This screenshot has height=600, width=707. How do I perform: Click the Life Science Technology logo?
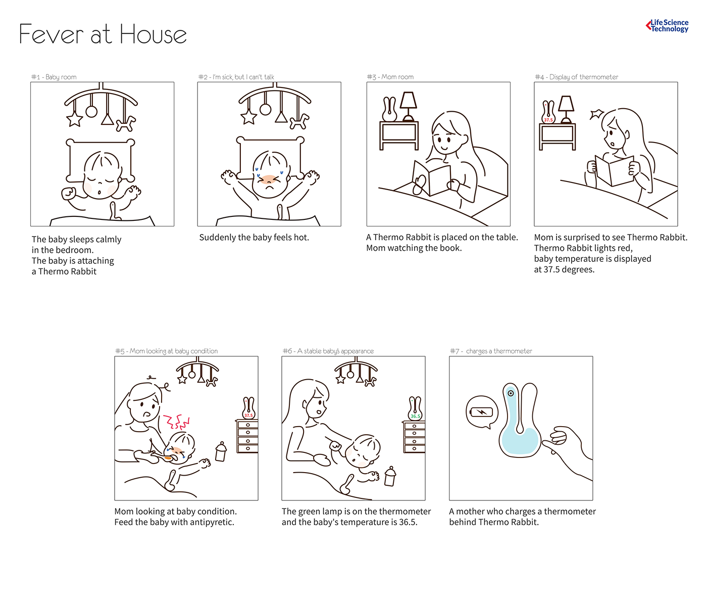pos(667,26)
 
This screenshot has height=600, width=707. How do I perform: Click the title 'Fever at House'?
pos(103,34)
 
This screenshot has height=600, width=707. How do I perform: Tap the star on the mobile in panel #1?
pos(75,119)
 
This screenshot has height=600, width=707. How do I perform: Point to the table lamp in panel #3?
pos(408,107)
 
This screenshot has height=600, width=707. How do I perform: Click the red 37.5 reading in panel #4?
pos(548,120)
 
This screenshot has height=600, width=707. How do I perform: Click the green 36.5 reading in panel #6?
pos(415,416)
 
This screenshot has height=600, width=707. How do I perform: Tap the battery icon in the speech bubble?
pos(482,411)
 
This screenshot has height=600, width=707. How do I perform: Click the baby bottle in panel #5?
pos(221,451)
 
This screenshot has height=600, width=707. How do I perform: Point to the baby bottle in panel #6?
pos(390,476)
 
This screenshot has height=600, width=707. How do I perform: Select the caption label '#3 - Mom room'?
pos(390,77)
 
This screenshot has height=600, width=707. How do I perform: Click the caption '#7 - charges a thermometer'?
pos(491,351)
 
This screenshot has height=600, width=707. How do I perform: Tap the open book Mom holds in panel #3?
pos(432,178)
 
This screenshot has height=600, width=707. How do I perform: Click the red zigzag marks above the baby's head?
pos(176,422)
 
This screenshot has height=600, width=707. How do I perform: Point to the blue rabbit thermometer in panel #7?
pos(520,421)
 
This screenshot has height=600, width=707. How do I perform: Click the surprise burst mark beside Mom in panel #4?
pos(597,114)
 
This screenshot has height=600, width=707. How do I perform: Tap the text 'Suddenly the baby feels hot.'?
pos(254,238)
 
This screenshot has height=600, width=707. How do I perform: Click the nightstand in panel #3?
pos(399,135)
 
